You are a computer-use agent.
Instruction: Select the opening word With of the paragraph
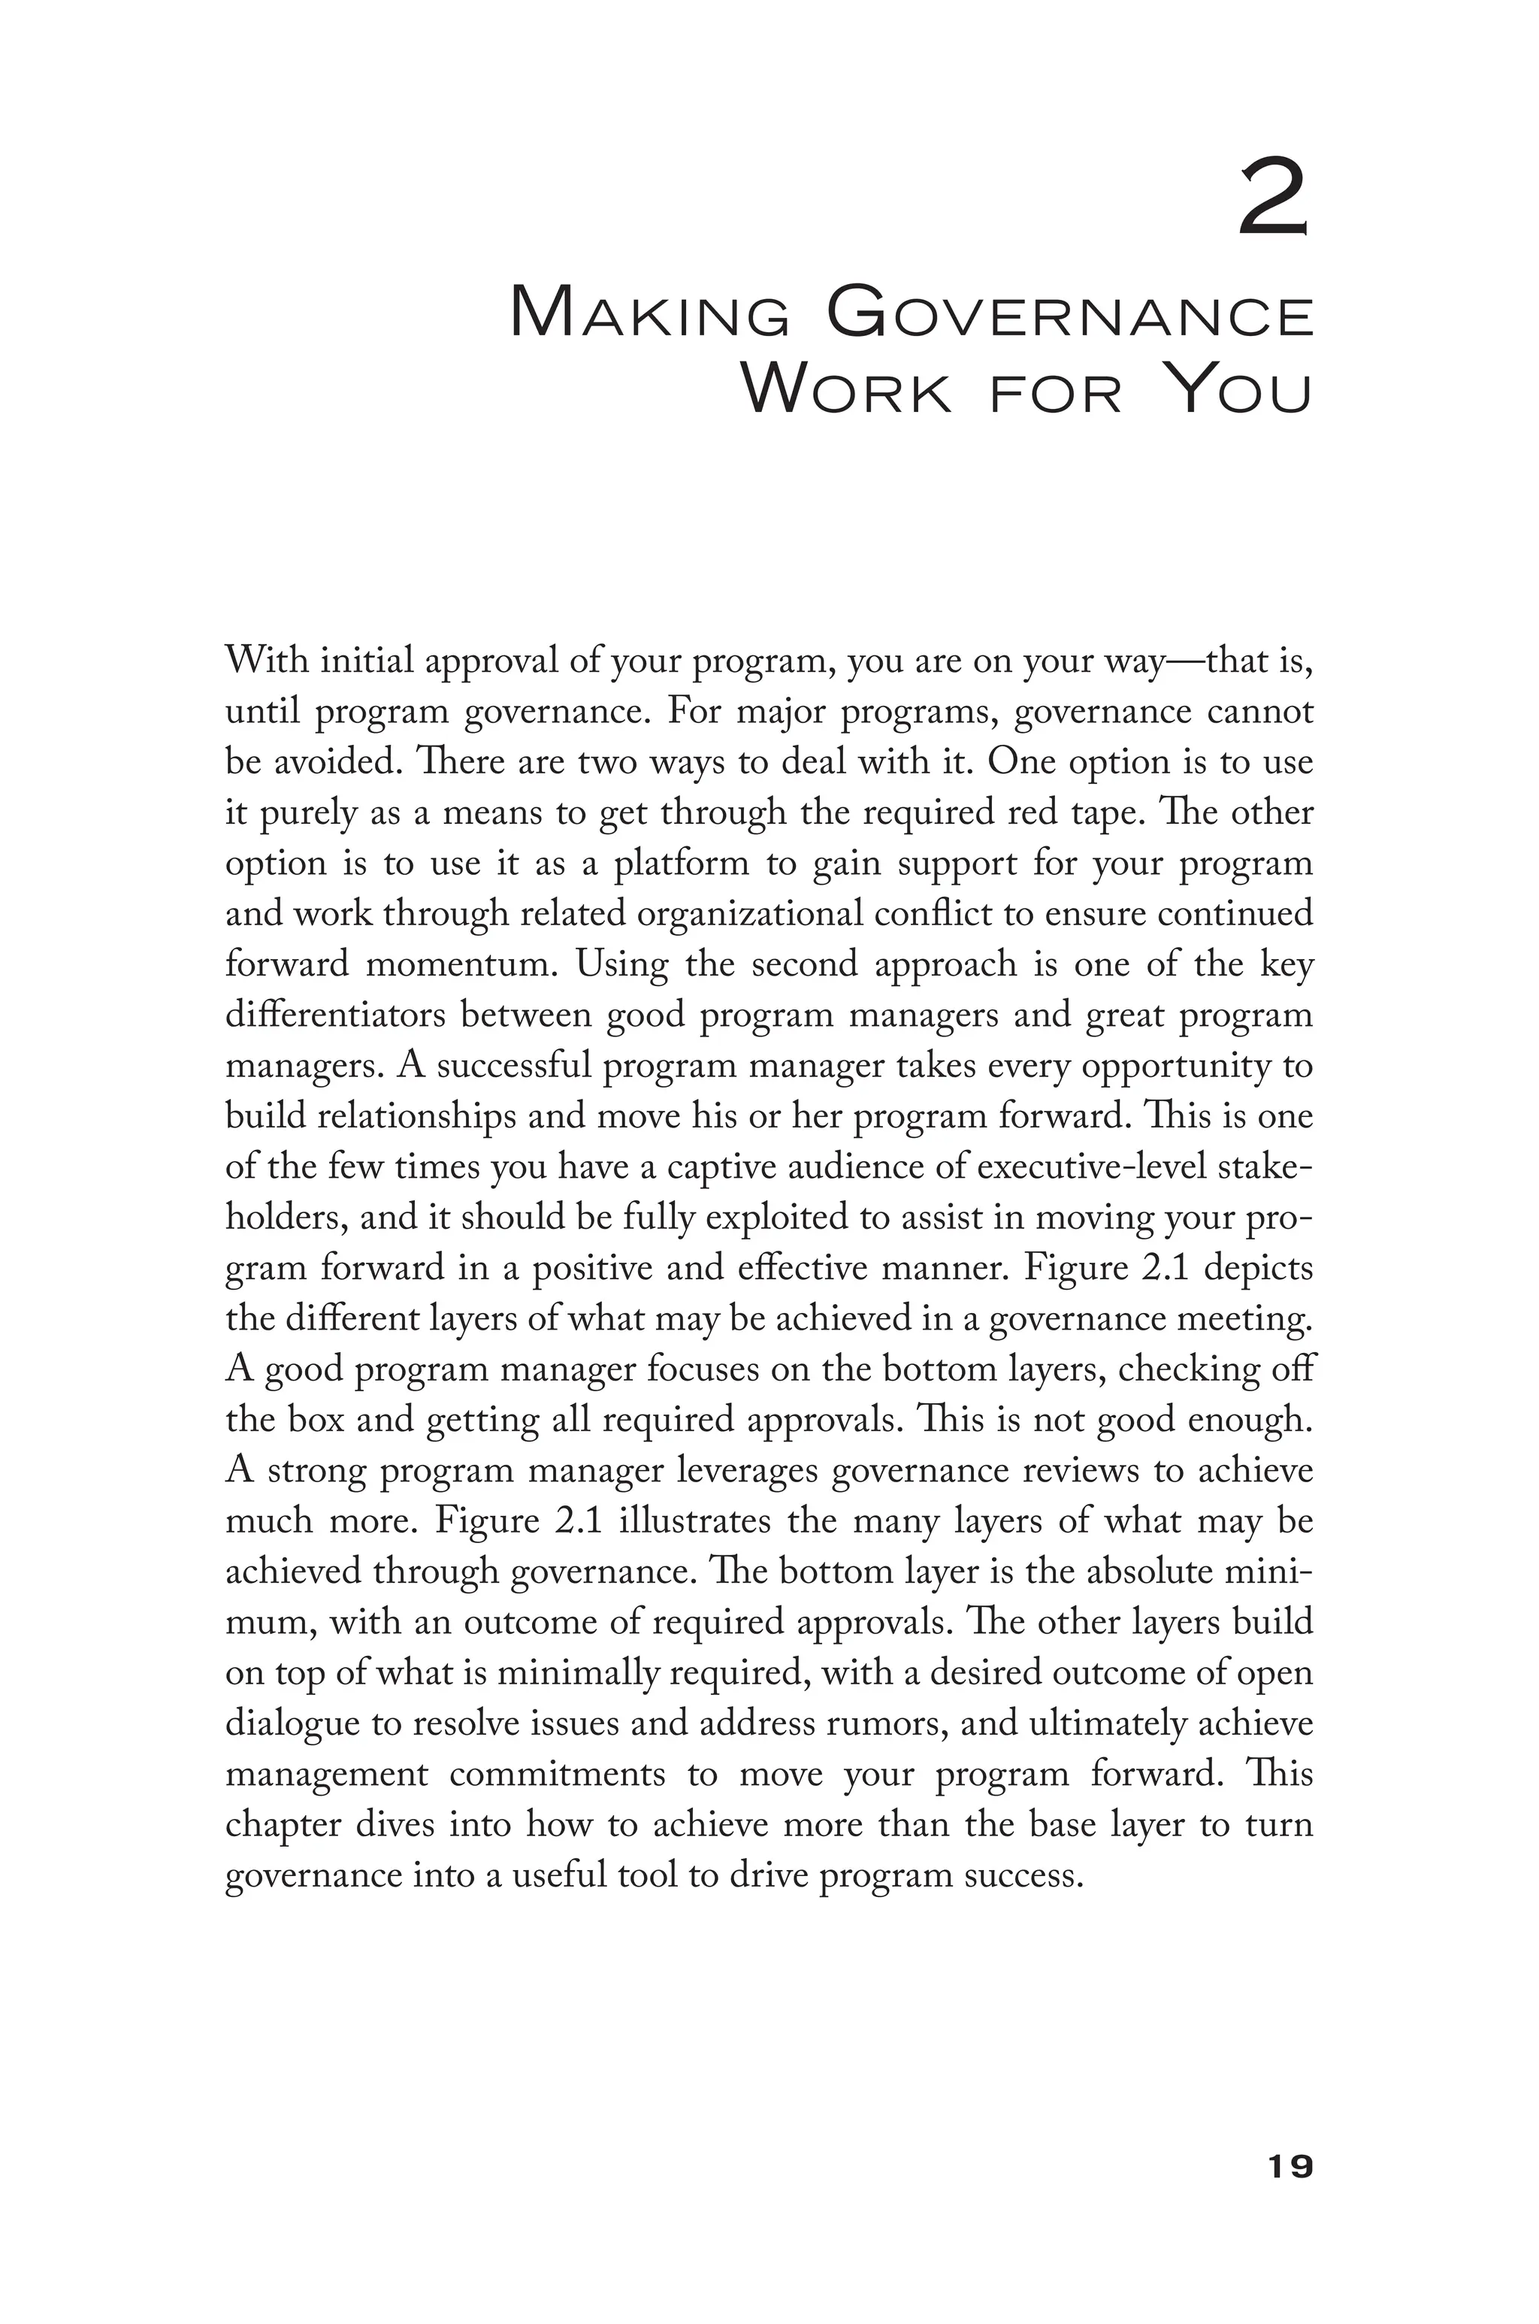coord(266,661)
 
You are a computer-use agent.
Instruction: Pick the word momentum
coord(461,965)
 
